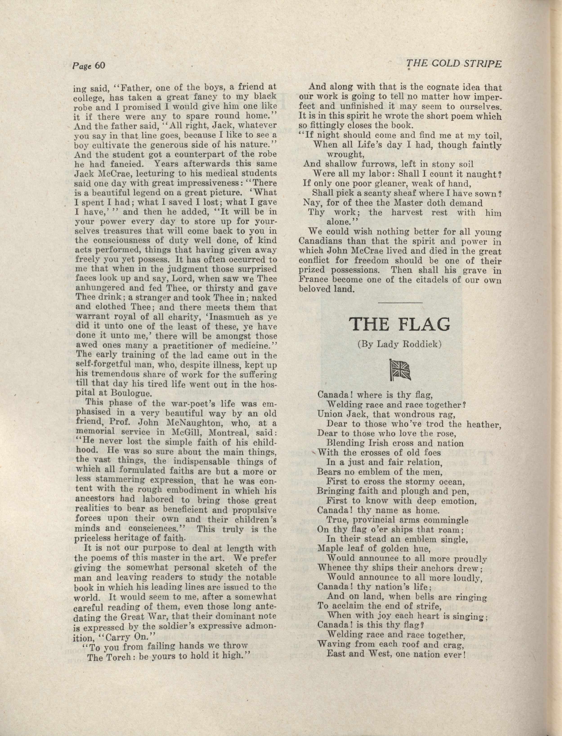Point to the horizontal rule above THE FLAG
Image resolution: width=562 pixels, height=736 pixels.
point(400,303)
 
